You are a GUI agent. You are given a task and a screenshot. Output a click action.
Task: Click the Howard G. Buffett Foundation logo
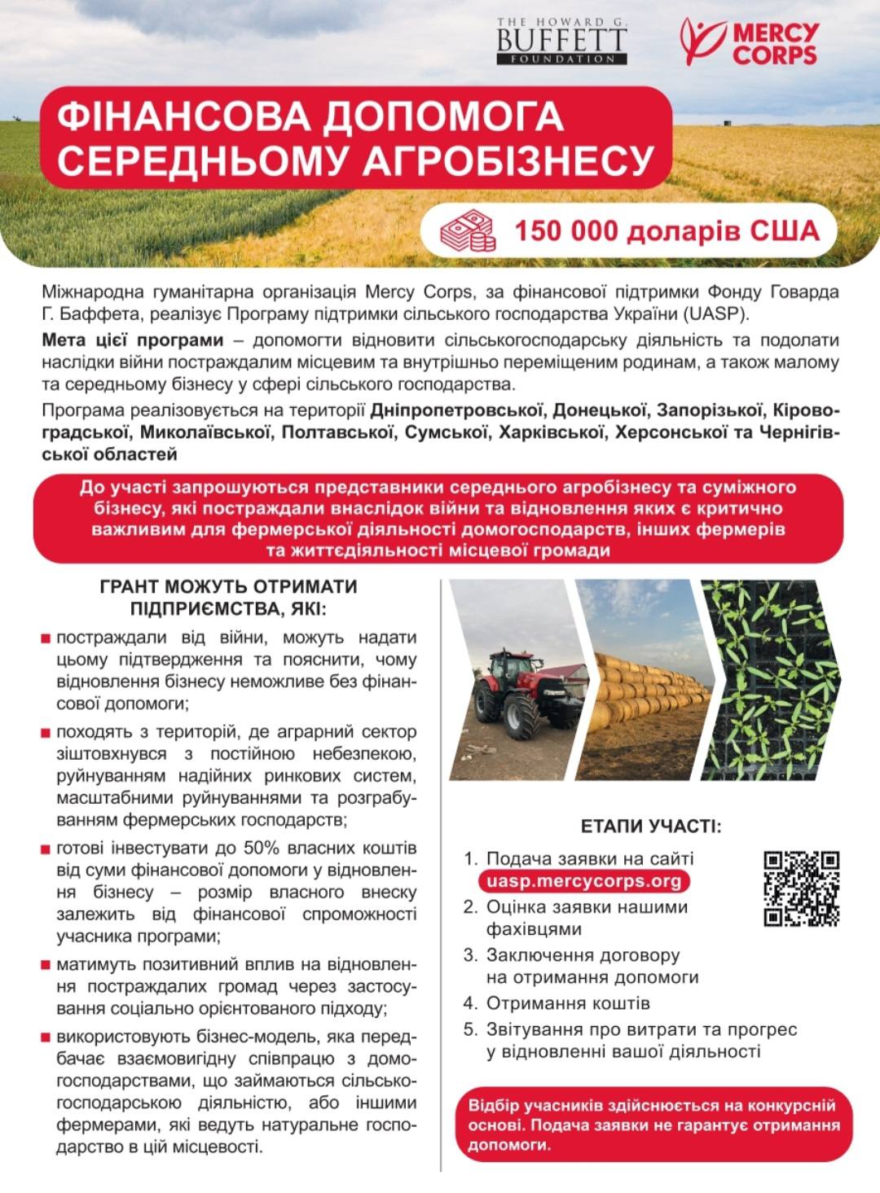pyautogui.click(x=561, y=41)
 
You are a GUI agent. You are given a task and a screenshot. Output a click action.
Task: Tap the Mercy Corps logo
pyautogui.click(x=750, y=42)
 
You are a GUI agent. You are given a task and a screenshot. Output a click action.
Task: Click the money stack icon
pyautogui.click(x=468, y=230)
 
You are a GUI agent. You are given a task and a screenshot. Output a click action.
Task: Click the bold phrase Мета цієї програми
pyautogui.click(x=132, y=340)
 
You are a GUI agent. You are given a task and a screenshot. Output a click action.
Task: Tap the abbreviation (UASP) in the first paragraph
pyautogui.click(x=717, y=314)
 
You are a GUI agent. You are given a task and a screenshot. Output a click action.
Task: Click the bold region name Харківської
pyautogui.click(x=552, y=432)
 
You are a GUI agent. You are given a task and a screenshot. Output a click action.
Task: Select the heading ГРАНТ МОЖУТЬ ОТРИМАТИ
pyautogui.click(x=228, y=586)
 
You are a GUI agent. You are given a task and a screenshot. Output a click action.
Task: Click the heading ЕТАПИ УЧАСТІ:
pyautogui.click(x=651, y=826)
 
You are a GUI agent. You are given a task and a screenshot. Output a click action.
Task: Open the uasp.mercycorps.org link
pyautogui.click(x=583, y=881)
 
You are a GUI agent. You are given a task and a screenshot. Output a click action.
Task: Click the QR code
pyautogui.click(x=801, y=888)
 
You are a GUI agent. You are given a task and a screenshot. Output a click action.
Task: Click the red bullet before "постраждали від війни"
pyautogui.click(x=46, y=638)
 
